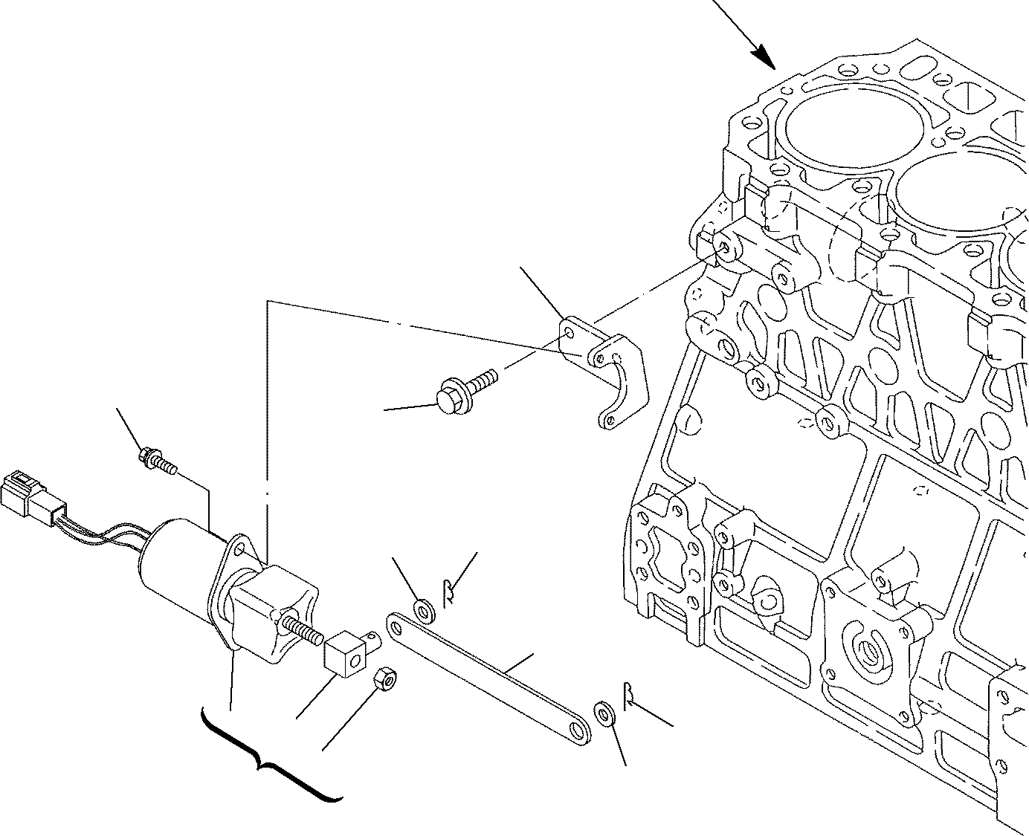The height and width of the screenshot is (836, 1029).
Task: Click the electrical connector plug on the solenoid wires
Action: (x=26, y=493)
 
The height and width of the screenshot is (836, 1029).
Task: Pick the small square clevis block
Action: (x=346, y=652)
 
